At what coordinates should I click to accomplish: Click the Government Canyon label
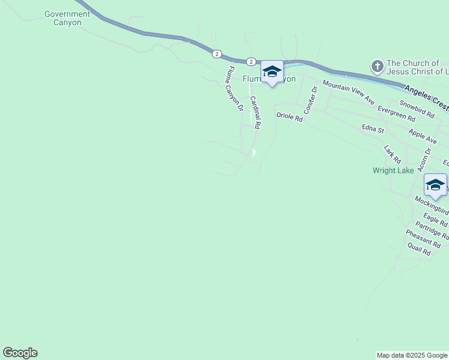(67, 18)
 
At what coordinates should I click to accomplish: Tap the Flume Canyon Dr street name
(234, 89)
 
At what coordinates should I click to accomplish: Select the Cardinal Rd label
(255, 113)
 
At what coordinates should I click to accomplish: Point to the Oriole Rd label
(289, 117)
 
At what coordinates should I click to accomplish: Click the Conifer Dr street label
(310, 100)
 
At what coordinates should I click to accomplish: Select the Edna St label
(373, 128)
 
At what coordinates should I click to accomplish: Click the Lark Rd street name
(393, 154)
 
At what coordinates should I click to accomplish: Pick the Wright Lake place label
(393, 170)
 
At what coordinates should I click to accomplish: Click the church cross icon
(376, 65)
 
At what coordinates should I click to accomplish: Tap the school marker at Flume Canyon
(272, 72)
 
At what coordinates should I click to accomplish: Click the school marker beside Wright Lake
(435, 185)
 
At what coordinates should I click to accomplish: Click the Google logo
(20, 353)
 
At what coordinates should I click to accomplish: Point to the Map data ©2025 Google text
(412, 355)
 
